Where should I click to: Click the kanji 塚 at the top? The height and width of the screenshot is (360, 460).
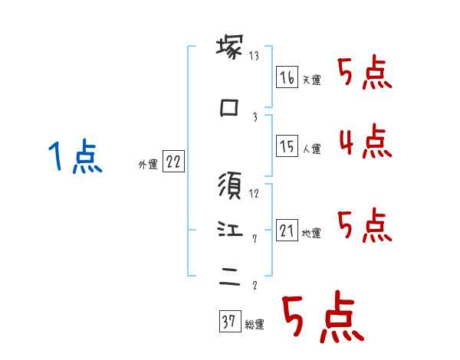(230, 49)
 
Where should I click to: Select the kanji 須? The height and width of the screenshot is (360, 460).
(230, 185)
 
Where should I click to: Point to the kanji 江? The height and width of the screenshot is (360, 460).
(230, 229)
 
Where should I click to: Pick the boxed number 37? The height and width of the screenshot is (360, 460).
(229, 322)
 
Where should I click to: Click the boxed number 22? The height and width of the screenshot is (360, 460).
(173, 162)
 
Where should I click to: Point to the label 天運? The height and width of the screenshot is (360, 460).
(311, 80)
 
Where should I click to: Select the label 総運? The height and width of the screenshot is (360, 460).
(255, 325)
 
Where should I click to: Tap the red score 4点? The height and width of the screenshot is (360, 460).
(365, 142)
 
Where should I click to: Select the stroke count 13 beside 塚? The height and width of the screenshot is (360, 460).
(254, 56)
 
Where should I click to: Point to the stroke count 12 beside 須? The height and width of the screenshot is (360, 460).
(254, 192)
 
